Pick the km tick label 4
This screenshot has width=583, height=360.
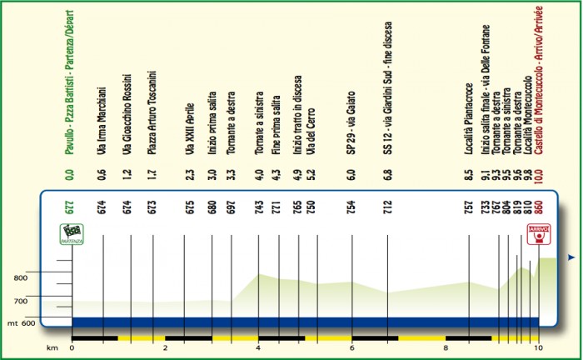pos(259,349)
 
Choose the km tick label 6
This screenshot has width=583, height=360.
pos(352,349)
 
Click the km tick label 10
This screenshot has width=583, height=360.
pos(539,349)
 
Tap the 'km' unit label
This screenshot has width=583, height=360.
pos(52,349)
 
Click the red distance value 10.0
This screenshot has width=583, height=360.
pos(539,176)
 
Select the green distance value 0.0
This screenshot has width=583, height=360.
pos(72,176)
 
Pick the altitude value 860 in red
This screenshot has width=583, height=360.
pos(539,206)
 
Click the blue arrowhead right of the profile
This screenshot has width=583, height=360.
pos(571,259)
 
